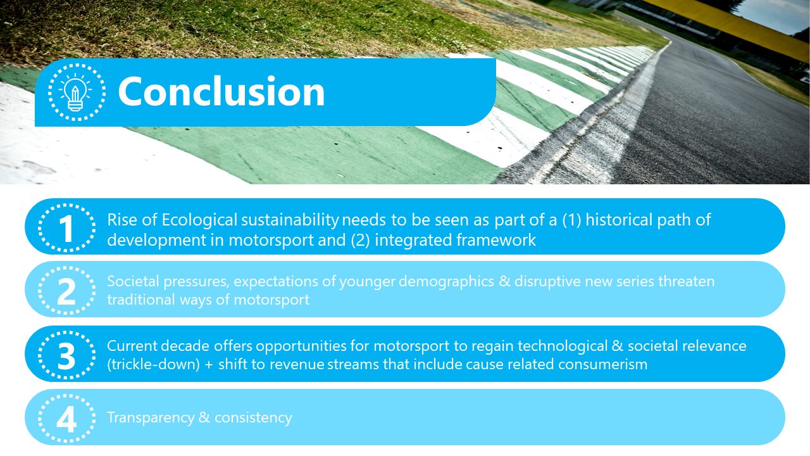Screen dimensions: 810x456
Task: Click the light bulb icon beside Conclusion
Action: click(x=77, y=92)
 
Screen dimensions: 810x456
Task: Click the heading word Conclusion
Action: click(x=221, y=91)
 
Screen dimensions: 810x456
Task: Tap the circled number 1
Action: click(x=67, y=227)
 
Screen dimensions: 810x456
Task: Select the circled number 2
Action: click(x=67, y=290)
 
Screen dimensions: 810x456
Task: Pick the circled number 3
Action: click(x=67, y=355)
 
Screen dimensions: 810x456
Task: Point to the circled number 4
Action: click(x=67, y=419)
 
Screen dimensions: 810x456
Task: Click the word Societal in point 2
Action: click(x=133, y=281)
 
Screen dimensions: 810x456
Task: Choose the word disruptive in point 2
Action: click(x=548, y=282)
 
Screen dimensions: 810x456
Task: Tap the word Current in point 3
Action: click(x=132, y=346)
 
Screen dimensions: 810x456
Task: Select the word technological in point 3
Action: click(x=563, y=346)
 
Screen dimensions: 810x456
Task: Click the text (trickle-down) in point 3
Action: click(x=154, y=365)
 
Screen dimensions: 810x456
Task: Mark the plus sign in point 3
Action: click(x=209, y=365)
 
